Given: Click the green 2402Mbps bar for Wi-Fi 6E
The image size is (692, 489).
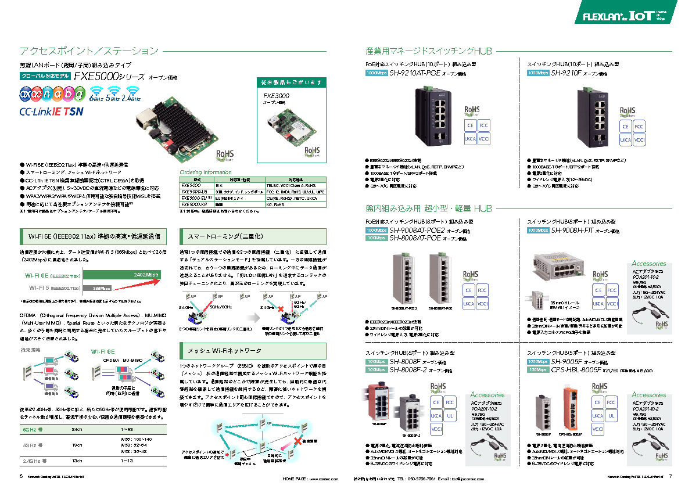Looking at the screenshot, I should [x=122, y=274].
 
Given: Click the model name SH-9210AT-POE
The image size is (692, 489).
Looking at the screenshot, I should [x=414, y=74].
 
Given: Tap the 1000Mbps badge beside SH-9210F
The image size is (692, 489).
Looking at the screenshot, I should [x=537, y=74].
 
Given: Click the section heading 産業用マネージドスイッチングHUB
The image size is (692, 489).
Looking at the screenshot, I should [x=429, y=51].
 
